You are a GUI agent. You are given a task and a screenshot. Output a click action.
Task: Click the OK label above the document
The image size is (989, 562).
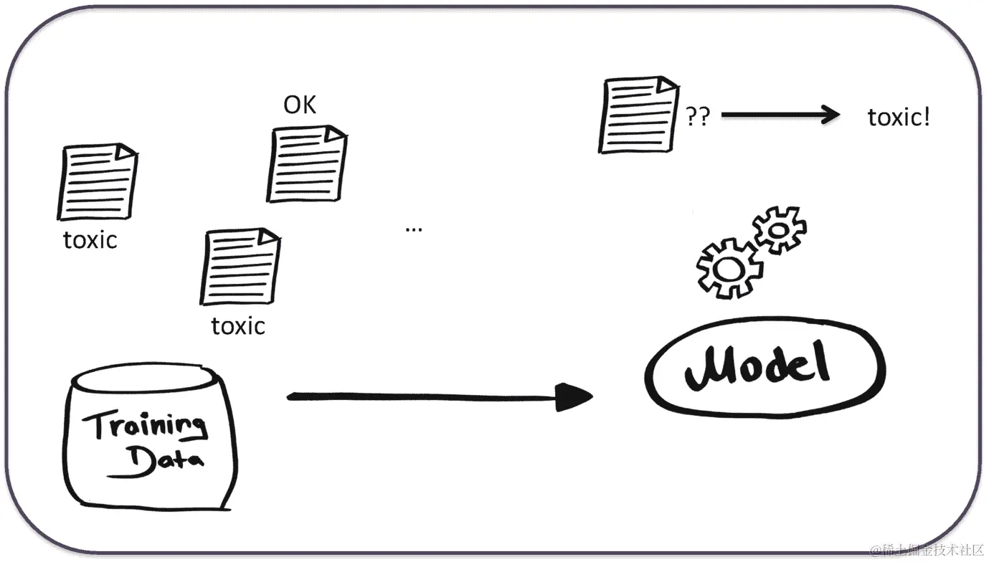click(300, 105)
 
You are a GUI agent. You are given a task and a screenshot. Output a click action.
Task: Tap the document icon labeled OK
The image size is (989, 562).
click(307, 164)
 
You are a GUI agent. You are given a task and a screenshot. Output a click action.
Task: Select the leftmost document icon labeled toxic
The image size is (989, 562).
click(97, 182)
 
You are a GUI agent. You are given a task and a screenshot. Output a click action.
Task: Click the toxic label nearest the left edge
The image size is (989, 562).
click(90, 239)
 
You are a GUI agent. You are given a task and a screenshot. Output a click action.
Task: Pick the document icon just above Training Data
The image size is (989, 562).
click(240, 267)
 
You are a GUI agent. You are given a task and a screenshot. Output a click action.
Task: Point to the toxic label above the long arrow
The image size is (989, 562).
click(238, 326)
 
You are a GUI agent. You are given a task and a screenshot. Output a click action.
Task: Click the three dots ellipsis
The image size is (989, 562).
click(414, 229)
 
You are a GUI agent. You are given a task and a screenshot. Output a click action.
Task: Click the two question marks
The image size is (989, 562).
click(698, 117)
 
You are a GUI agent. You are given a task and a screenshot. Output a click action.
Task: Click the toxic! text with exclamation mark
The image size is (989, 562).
click(899, 117)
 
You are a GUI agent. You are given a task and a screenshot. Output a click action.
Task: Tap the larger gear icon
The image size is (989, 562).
click(729, 268)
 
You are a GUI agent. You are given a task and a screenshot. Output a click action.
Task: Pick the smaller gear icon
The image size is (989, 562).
click(779, 229)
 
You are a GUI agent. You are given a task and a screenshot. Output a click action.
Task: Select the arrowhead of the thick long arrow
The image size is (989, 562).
click(574, 397)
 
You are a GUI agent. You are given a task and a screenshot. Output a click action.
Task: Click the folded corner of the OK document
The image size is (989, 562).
click(334, 134)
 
